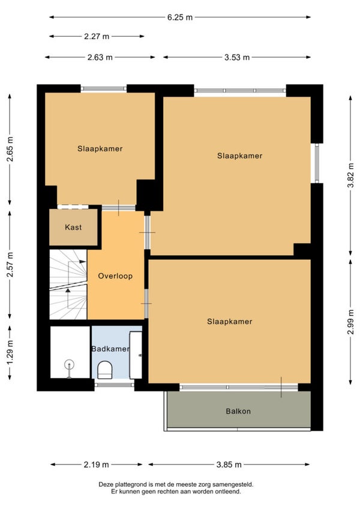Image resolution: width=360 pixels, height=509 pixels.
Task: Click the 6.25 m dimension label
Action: click(180, 17)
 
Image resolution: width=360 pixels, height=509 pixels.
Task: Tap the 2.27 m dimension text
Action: click(97, 37)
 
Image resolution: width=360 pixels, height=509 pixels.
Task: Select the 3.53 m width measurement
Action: click(237, 58)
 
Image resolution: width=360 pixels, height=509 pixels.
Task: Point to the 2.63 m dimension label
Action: click(100, 58)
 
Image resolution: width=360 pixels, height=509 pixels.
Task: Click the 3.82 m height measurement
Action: click(350, 175)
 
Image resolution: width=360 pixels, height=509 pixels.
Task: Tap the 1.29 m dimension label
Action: click(10, 352)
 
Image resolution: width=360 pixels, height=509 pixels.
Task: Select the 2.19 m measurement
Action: click(97, 465)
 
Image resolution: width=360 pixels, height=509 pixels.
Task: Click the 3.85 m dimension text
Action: click(229, 465)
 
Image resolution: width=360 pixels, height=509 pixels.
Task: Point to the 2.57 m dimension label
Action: click(10, 265)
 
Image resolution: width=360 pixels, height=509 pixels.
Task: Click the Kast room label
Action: click(73, 227)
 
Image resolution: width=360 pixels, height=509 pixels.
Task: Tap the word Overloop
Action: click(115, 276)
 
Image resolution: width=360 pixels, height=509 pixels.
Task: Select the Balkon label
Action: click(238, 411)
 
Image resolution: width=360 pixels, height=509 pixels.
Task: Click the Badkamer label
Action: click(110, 349)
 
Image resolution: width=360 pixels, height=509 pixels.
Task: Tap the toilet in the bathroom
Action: click(104, 370)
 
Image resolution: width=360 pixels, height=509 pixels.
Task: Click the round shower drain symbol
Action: click(69, 364)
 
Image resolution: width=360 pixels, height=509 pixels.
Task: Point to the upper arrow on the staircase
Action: click(77, 262)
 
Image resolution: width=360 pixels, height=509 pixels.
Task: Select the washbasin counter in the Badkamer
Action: click(136, 355)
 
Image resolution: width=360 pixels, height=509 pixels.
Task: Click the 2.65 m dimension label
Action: click(10, 149)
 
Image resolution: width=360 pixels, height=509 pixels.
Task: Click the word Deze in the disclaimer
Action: click(106, 484)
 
